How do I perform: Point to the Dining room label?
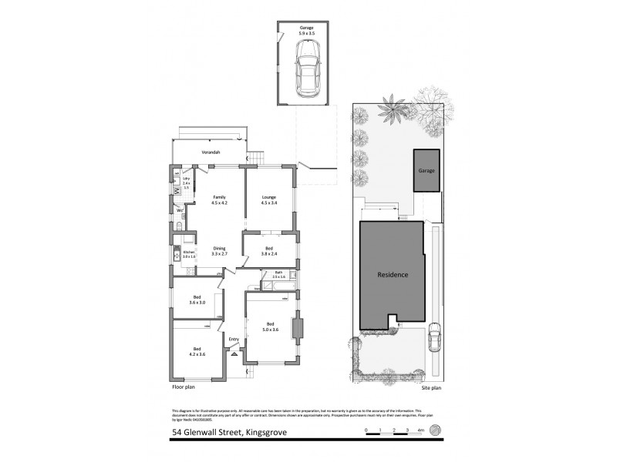pyautogui.click(x=218, y=250)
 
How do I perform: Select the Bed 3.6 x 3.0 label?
pyautogui.click(x=197, y=300)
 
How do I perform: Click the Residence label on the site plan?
pyautogui.click(x=392, y=275)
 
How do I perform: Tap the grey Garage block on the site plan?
pyautogui.click(x=427, y=169)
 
